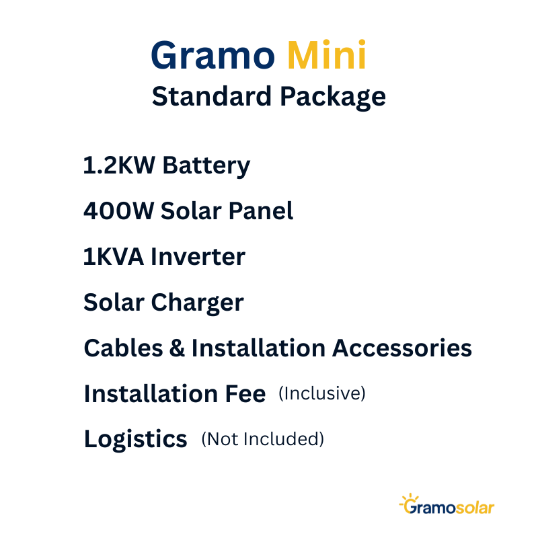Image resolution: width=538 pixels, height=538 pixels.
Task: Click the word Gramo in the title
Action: click(x=213, y=55)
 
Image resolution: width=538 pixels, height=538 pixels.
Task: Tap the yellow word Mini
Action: click(x=327, y=55)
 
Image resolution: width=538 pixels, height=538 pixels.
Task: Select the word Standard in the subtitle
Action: click(x=212, y=96)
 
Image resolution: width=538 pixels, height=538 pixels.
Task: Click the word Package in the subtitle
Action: click(x=333, y=98)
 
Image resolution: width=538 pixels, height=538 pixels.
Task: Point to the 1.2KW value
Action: click(x=119, y=165)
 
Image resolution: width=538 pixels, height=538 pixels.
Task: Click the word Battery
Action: click(x=206, y=166)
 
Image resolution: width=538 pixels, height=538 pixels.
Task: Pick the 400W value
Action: click(x=119, y=210)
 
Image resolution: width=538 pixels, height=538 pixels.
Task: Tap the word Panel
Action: click(x=261, y=210)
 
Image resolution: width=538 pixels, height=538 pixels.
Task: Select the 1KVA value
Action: click(x=114, y=257)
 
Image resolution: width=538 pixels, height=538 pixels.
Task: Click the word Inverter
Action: click(x=198, y=257)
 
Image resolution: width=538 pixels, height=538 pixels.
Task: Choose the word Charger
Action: click(x=197, y=303)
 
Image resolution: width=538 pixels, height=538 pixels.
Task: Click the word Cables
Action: click(x=123, y=348)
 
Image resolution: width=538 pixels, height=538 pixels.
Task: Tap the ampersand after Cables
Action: click(x=177, y=348)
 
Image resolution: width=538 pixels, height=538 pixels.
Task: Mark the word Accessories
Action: click(x=401, y=348)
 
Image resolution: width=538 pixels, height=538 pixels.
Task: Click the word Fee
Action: click(x=245, y=393)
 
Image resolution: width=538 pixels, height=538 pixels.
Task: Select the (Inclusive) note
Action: click(x=322, y=393)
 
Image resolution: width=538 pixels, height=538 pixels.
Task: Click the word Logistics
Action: click(x=136, y=440)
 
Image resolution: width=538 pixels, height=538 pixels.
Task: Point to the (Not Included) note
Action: click(x=262, y=439)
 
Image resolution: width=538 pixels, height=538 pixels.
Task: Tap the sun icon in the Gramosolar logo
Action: click(x=409, y=500)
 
